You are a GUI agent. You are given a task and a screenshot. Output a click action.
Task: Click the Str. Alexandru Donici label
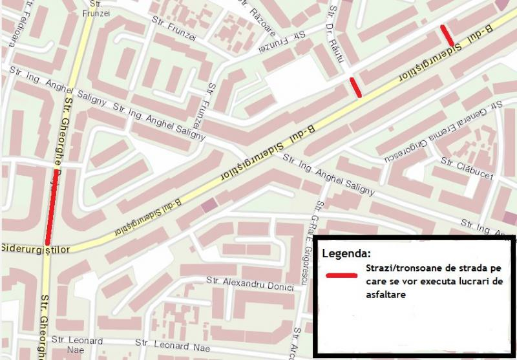pos(246,282)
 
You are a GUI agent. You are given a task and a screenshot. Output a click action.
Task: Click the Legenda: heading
pos(346,253)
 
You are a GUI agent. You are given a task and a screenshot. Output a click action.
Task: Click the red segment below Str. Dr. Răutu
pos(355,87)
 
